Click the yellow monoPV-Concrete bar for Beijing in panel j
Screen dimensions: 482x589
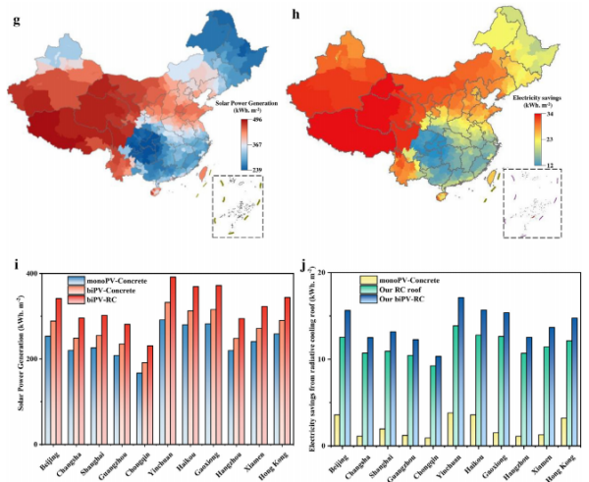(337, 429)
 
